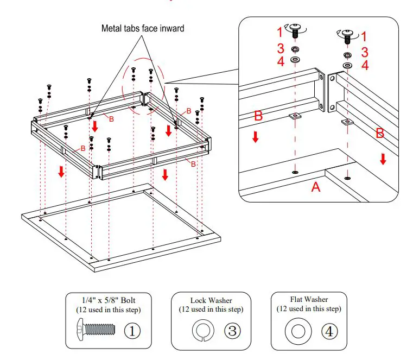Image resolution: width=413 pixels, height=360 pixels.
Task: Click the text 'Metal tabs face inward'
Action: click(x=143, y=28)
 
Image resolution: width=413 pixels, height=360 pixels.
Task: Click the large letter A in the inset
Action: click(x=315, y=187)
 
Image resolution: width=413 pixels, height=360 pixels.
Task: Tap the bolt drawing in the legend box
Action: click(x=96, y=330)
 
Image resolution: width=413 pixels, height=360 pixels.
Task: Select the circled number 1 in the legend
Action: click(x=133, y=330)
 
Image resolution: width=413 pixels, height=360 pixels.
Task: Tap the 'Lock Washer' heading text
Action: click(x=211, y=300)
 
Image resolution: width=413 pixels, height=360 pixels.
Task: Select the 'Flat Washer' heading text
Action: click(x=309, y=299)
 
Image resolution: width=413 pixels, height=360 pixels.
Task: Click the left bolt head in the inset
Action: click(x=295, y=27)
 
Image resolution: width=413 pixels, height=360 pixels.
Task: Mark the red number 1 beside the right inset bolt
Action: click(x=364, y=37)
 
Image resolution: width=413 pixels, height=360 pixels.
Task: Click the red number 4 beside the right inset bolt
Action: click(x=365, y=66)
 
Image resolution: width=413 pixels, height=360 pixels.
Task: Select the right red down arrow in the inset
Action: click(x=383, y=159)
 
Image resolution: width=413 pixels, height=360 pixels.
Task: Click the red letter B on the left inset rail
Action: click(x=259, y=116)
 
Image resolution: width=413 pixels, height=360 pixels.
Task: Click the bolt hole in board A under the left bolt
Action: click(x=295, y=172)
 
